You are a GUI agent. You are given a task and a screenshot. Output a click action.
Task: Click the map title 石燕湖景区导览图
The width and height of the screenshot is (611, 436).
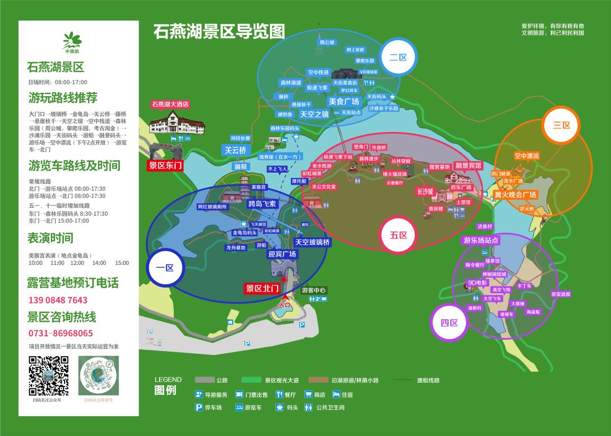point(220,32)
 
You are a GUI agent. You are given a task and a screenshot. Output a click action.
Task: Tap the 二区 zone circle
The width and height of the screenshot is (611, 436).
point(398,57)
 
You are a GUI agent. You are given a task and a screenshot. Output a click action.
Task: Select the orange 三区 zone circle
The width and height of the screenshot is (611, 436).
point(562,125)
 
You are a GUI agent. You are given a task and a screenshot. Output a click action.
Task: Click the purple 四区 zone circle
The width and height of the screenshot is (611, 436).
point(449,323)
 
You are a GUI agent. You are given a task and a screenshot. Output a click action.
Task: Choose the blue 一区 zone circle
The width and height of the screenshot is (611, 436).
point(165,268)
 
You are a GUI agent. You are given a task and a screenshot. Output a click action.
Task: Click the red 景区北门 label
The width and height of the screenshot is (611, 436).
point(262,288)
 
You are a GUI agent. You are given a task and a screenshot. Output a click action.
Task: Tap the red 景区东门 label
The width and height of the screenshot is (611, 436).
point(166,166)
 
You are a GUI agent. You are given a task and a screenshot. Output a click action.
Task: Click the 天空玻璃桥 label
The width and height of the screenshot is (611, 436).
point(312,242)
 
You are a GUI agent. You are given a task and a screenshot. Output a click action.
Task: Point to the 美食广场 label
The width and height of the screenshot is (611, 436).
point(344,101)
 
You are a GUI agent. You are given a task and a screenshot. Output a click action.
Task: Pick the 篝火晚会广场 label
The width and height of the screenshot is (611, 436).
point(515,195)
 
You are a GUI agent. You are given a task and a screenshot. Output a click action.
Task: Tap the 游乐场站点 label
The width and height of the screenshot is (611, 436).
point(481,240)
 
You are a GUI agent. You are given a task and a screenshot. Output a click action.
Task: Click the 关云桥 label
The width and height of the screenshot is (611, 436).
point(235,151)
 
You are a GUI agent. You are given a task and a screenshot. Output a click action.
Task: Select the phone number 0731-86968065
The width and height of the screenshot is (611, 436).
point(61,333)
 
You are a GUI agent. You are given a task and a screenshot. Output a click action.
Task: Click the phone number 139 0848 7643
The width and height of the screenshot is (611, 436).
point(58,300)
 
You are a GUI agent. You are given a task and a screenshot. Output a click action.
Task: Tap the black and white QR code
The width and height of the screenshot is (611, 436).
point(49,375)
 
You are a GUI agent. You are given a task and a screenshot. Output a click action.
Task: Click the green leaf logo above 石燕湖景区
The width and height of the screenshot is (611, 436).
point(72,41)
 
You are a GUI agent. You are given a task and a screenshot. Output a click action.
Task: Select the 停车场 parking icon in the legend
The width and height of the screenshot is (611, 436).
point(199,407)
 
